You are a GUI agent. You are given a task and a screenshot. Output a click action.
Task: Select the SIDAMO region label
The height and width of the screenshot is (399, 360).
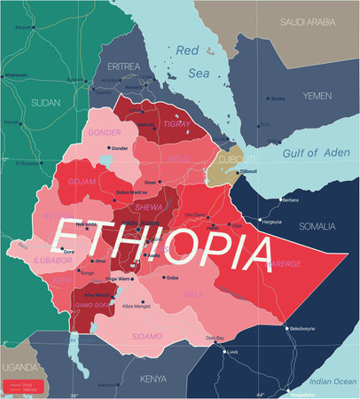click(146, 336)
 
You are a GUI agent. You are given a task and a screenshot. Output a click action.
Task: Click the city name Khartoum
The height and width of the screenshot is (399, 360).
click(16, 74)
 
